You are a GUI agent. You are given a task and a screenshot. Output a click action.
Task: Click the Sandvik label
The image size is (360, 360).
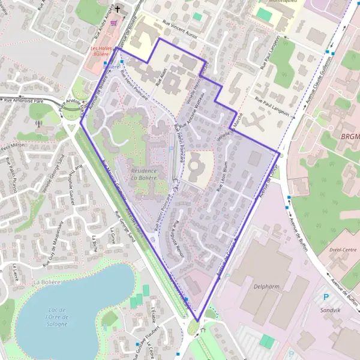pos(330,310)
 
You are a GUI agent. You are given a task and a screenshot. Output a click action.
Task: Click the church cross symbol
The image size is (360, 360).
pos(118,9)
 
